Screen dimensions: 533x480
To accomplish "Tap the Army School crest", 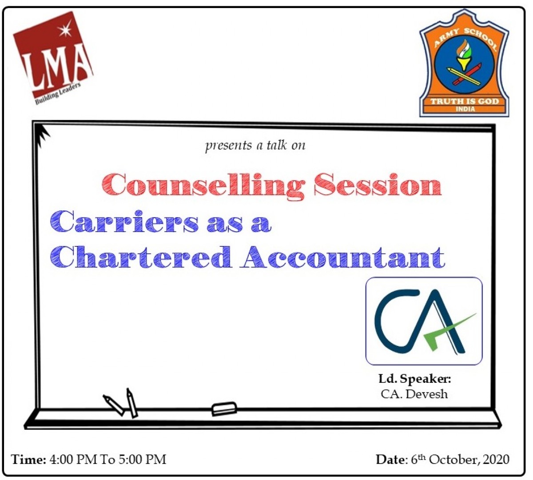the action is click(x=464, y=63).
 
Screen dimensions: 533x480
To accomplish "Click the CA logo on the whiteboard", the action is click(x=424, y=321).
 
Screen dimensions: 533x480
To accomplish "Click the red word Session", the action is click(x=378, y=184).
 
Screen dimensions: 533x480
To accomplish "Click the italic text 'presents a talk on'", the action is click(x=255, y=146).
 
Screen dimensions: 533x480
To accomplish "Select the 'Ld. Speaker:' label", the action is click(x=415, y=378).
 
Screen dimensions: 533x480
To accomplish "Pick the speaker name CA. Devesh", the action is click(x=414, y=394).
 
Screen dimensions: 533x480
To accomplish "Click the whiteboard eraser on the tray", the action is click(x=224, y=409).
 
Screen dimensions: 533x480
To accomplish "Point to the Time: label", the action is click(x=28, y=459).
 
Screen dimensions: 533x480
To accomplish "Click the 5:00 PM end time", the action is click(x=143, y=459).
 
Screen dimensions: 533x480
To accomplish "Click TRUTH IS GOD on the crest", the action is click(x=465, y=101).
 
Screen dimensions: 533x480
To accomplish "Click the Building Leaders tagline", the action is click(x=58, y=94).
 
